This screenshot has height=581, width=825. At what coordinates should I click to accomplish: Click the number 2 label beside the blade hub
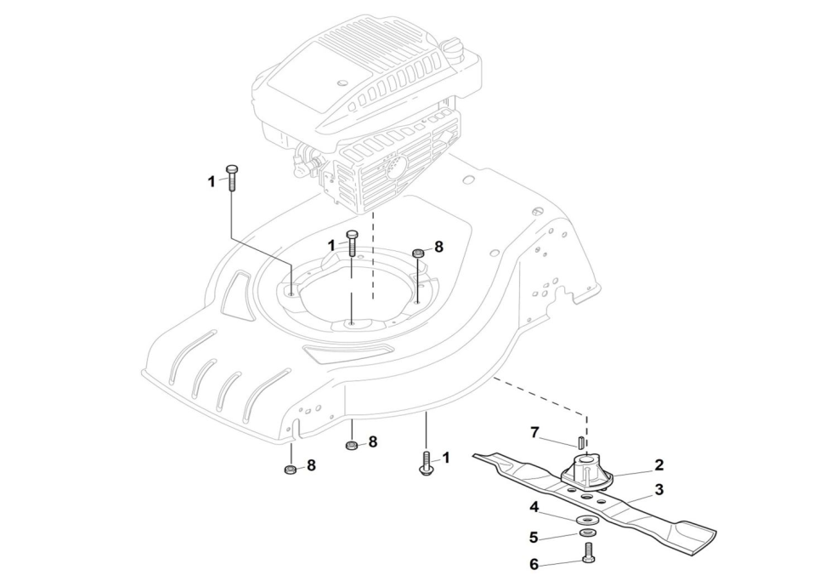[x=658, y=465]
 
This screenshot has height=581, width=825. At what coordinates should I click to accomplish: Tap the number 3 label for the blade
[x=658, y=490]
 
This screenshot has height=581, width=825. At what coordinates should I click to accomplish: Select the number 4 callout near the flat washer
[x=534, y=507]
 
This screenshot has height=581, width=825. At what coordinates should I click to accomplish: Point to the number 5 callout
[x=534, y=538]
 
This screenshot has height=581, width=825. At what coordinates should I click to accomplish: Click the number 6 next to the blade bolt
[x=534, y=564]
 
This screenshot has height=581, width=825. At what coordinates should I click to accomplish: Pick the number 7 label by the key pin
[x=534, y=433]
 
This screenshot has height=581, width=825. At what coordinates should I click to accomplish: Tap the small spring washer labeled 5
[x=586, y=533]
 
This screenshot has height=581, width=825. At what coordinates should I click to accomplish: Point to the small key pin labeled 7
[x=579, y=441]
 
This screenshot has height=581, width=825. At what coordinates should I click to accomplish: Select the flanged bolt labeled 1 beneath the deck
[x=426, y=464]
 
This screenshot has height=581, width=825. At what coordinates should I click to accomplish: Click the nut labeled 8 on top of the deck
[x=417, y=253]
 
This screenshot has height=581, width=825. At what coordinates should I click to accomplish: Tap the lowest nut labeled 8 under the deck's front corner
[x=289, y=470]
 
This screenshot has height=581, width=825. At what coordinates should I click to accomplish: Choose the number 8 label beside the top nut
[x=438, y=247]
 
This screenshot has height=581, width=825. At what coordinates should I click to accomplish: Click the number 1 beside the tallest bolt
[x=212, y=181]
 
